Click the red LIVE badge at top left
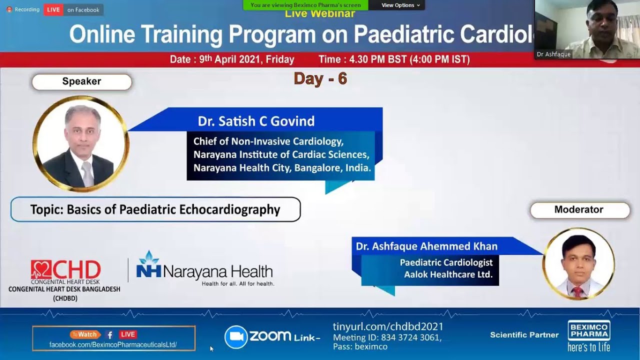(53, 9)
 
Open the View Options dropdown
(400, 5)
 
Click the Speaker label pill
(81, 81)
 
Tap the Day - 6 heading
(320, 78)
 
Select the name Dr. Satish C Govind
(256, 121)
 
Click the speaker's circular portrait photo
(80, 144)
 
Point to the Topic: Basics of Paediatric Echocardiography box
(155, 209)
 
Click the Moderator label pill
(579, 210)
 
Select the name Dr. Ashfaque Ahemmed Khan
(426, 246)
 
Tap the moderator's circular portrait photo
(578, 264)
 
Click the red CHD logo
(65, 270)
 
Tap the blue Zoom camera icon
(235, 336)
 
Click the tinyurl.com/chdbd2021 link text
(388, 326)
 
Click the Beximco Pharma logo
(588, 335)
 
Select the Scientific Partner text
(524, 335)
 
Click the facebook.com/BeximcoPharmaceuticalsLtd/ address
(113, 344)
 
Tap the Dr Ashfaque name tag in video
(553, 54)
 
